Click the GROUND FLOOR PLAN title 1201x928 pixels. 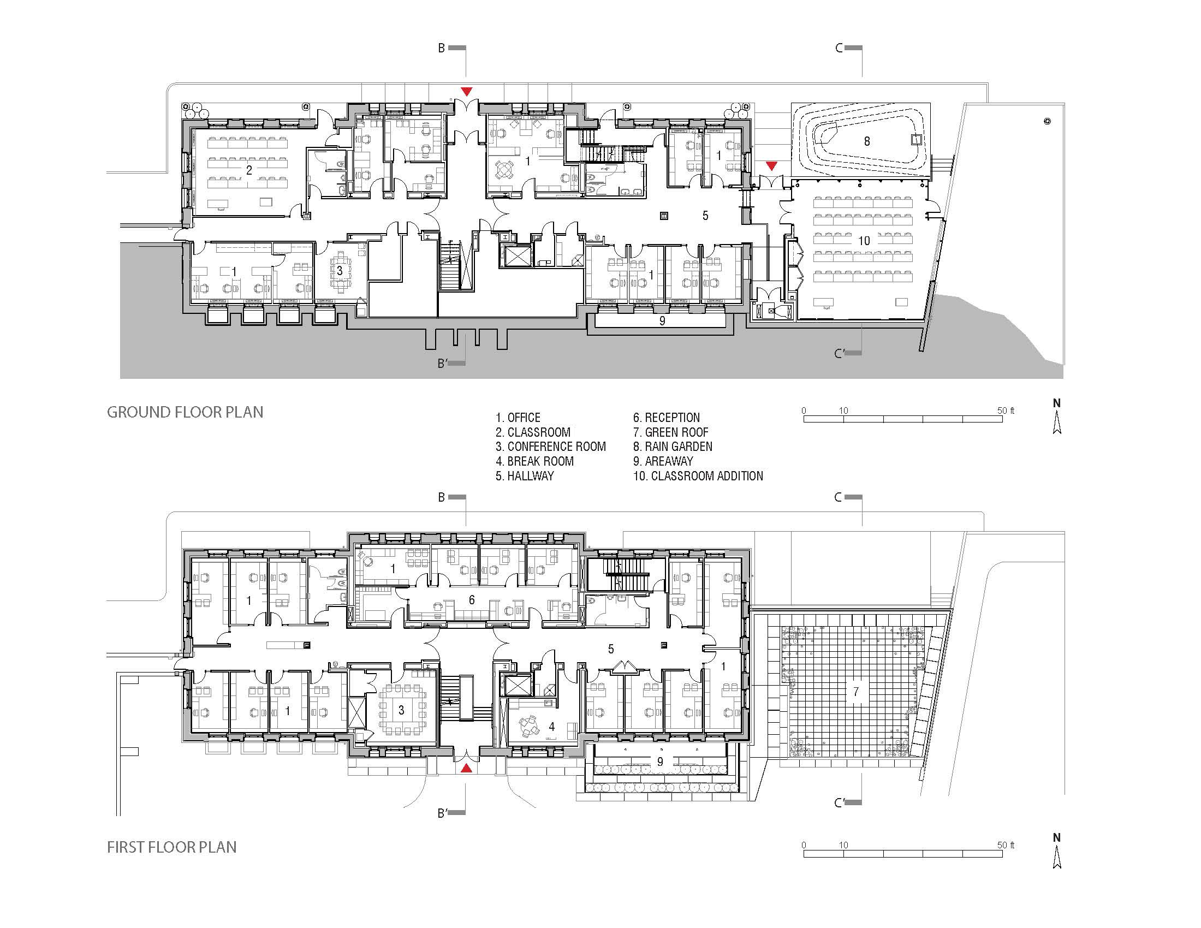185,412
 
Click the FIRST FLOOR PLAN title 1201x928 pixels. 171,847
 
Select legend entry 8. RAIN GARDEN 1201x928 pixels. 673,447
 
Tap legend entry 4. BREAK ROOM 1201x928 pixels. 534,461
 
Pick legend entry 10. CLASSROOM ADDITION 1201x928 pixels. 698,476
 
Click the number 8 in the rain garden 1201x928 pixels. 867,141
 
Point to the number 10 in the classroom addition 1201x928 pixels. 864,241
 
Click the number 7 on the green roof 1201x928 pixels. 855,692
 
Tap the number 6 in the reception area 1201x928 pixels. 471,600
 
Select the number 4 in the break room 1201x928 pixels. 551,727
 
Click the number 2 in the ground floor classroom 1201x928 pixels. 249,170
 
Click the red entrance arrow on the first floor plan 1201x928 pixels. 466,769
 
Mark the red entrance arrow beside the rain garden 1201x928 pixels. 772,165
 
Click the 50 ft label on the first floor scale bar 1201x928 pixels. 1005,845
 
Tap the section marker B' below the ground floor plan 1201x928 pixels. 443,364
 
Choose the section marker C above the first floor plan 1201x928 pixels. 839,497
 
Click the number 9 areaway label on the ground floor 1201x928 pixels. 662,320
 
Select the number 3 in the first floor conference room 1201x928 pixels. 401,710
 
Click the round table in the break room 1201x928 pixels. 531,724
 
